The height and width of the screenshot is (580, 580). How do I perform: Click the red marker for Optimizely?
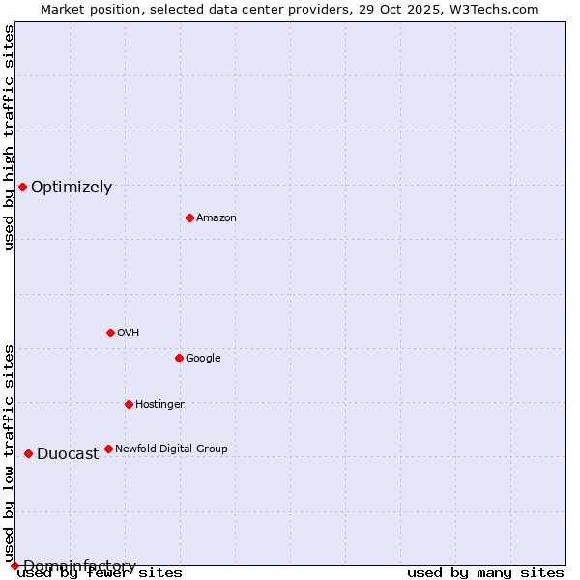point(22,187)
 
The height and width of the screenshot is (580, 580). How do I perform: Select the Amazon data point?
point(189,217)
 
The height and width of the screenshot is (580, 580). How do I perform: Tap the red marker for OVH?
point(110,333)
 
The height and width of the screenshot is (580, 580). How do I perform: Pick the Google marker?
point(179,358)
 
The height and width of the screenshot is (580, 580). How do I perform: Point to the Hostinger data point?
point(129,404)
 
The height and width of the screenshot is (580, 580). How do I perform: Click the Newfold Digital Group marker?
point(108,449)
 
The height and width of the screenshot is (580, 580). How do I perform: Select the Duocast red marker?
point(28,453)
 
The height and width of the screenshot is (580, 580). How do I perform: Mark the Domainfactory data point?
point(14,565)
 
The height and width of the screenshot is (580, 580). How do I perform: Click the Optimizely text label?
point(72,188)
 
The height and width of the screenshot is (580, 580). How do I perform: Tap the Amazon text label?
point(217,218)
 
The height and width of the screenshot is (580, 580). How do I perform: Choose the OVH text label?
point(129,333)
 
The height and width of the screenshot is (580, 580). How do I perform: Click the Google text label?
point(203,359)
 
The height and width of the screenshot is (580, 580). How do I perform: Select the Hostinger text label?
point(159,405)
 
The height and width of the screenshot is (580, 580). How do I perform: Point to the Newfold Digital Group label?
point(171,449)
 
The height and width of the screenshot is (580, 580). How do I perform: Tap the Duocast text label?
point(68,454)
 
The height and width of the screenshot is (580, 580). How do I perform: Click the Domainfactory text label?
point(79,566)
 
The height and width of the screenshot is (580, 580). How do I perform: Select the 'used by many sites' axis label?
point(485,573)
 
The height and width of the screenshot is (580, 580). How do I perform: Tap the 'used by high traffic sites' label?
point(9,137)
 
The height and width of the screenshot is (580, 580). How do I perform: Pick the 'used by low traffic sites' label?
point(9,452)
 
